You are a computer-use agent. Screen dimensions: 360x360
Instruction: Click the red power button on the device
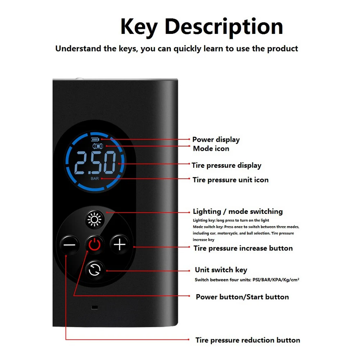pos(95,245)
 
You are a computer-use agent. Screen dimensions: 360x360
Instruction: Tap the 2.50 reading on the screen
pos(95,163)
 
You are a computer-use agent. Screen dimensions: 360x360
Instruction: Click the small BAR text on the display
pos(95,178)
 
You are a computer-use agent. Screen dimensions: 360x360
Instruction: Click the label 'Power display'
pos(216,140)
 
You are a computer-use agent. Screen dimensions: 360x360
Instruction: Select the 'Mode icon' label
pos(211,148)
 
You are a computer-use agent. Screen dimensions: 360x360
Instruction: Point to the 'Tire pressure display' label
pos(226,165)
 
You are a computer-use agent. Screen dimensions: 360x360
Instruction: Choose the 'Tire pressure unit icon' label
pos(230,180)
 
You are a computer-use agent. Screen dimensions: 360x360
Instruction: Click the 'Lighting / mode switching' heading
pos(238,212)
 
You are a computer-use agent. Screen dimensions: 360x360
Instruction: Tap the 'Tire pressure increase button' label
pos(243,248)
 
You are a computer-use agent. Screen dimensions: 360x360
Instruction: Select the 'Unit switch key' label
pos(221,270)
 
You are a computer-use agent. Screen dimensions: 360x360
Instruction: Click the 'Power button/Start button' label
pos(242,297)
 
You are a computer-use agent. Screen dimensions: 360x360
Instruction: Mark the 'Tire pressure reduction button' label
pos(248,340)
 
